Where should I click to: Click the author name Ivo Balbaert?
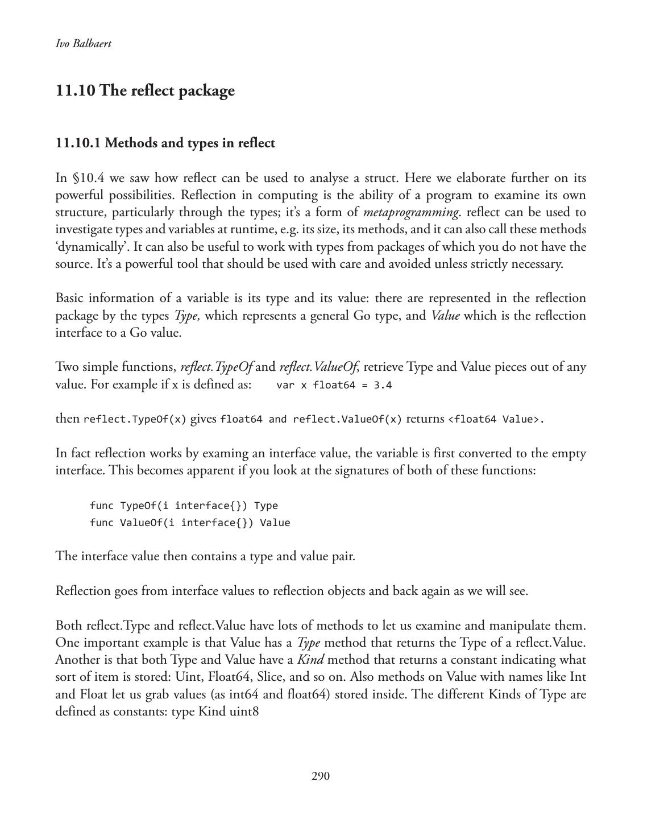[84, 44]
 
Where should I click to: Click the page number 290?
[321, 776]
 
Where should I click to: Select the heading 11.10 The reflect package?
[145, 91]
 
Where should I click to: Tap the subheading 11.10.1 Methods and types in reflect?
[165, 143]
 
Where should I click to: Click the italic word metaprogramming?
[410, 213]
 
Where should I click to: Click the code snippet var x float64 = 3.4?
[334, 385]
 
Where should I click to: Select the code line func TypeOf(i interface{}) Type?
[184, 506]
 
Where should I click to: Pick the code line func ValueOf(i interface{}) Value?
[190, 523]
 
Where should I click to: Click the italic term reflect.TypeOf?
[216, 367]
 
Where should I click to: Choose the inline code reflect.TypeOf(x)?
[135, 420]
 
